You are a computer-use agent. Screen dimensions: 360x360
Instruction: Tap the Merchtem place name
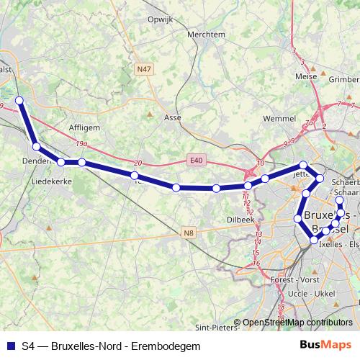point(203,34)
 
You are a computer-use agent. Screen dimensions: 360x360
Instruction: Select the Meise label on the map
point(306,75)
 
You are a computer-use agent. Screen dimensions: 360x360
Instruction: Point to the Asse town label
point(173,116)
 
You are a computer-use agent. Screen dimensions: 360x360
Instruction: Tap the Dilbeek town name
point(241,219)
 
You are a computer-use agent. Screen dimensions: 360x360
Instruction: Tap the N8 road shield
point(189,232)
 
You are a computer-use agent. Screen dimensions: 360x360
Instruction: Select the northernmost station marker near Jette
point(303,165)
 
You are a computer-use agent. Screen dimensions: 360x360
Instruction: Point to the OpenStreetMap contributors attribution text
point(297,323)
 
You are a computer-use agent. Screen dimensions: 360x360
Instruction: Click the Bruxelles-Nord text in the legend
point(82,346)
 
